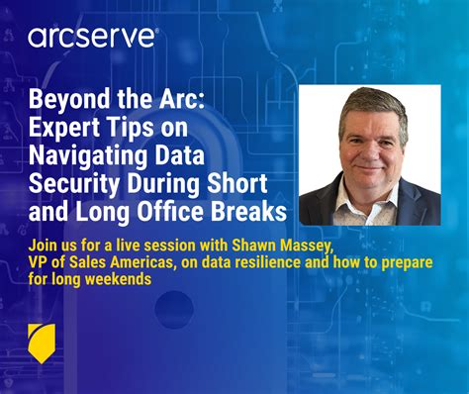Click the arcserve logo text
(x=92, y=38)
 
